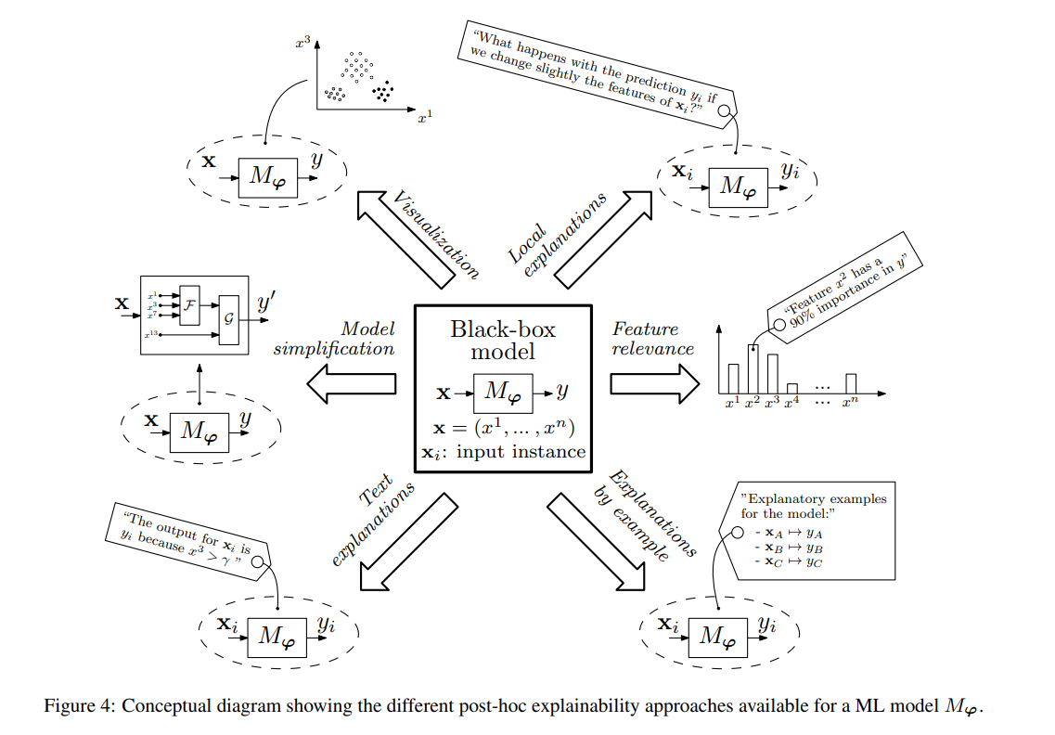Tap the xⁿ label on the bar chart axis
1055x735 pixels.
click(x=850, y=403)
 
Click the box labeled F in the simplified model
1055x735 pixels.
click(x=190, y=304)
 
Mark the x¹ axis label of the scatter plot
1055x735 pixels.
click(x=426, y=118)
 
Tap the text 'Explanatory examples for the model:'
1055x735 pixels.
click(x=814, y=505)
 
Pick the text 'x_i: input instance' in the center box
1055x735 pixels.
click(x=509, y=452)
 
